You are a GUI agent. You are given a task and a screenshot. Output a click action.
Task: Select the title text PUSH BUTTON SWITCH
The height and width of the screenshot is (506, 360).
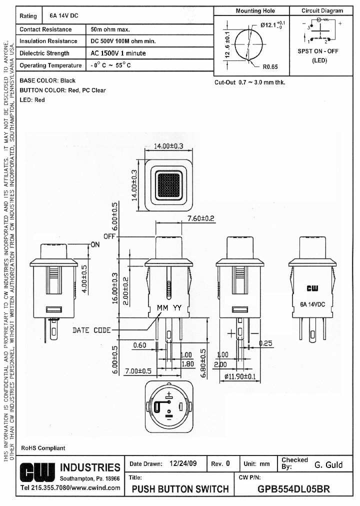(180, 488)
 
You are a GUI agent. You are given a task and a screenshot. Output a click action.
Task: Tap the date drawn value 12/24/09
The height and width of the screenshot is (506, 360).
(183, 463)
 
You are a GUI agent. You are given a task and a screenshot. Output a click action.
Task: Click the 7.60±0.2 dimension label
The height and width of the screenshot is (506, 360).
(200, 218)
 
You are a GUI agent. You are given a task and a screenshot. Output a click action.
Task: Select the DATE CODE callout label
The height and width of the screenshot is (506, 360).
(91, 330)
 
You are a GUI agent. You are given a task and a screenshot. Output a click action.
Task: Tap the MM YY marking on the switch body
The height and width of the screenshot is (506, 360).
(168, 307)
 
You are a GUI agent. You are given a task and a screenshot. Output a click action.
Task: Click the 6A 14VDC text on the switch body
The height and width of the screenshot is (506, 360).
(312, 303)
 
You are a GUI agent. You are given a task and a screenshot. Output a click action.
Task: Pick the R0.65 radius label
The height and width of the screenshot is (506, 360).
(269, 66)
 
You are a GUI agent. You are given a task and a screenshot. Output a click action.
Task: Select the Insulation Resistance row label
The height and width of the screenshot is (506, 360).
(48, 41)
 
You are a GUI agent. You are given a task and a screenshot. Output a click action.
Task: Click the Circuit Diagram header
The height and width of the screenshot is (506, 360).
(322, 10)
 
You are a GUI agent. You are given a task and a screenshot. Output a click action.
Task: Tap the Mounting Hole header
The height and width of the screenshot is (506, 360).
(255, 10)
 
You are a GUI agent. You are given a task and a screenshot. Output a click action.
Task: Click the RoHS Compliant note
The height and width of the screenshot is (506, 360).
(43, 448)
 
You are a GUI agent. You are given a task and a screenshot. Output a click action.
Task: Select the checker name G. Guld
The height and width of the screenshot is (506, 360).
(328, 464)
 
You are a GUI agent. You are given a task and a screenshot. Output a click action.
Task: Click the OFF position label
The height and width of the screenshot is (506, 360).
(109, 236)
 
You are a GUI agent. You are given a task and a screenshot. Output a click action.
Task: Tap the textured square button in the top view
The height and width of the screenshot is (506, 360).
(168, 184)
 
